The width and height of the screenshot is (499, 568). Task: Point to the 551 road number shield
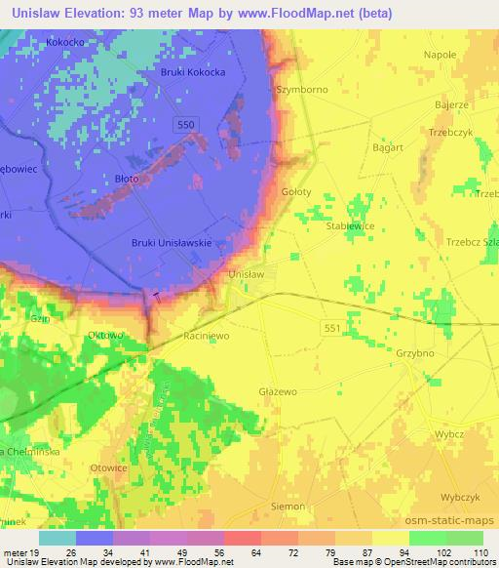tap(333, 330)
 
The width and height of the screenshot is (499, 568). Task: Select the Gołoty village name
tap(295, 192)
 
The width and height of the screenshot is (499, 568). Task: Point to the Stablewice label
tap(351, 223)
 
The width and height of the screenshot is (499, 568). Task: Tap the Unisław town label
tap(246, 276)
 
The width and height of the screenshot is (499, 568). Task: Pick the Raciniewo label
tap(206, 335)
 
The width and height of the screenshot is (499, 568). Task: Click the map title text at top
tap(249, 13)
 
